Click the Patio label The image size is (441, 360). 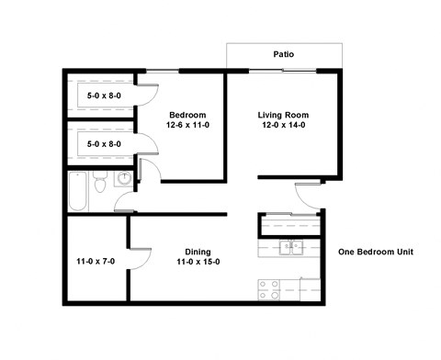pyautogui.click(x=284, y=55)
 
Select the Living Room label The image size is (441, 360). pyautogui.click(x=282, y=115)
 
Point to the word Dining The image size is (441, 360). pyautogui.click(x=198, y=252)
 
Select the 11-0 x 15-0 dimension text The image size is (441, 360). pyautogui.click(x=198, y=263)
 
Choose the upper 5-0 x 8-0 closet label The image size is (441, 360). pyautogui.click(x=103, y=94)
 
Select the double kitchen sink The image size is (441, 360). pyautogui.click(x=290, y=246)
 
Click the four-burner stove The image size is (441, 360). pyautogui.click(x=269, y=289)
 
